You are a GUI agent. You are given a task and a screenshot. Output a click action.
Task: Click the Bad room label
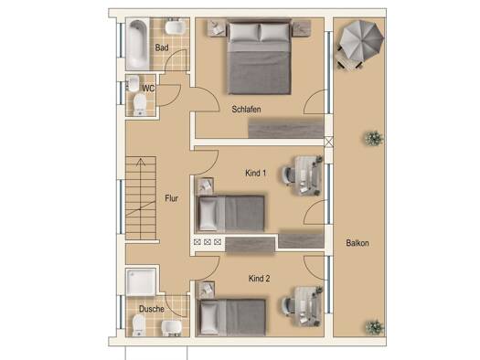point(162,48)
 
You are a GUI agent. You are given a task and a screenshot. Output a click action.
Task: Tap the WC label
point(148,89)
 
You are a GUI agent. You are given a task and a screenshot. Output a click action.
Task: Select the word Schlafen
point(246,110)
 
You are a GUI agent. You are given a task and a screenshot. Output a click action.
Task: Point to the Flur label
point(172,198)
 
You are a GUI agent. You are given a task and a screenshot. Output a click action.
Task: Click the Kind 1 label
point(256,173)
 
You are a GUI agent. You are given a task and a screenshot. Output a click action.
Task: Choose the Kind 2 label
point(260,279)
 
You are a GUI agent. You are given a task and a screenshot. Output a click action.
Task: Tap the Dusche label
point(152,309)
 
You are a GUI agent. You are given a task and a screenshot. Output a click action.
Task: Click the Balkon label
point(357,243)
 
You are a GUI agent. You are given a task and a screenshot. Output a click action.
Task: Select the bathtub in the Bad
point(137,44)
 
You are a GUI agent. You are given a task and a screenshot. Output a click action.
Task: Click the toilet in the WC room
point(140,104)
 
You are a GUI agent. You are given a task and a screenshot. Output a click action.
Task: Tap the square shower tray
point(141,282)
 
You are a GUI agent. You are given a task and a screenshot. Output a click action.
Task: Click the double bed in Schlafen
point(259,57)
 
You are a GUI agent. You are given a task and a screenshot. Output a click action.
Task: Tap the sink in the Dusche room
point(172,328)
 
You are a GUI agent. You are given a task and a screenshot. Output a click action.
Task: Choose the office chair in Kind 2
point(289,305)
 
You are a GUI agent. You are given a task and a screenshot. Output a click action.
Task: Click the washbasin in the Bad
point(175,26)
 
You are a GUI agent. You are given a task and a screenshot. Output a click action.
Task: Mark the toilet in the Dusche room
point(139,325)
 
